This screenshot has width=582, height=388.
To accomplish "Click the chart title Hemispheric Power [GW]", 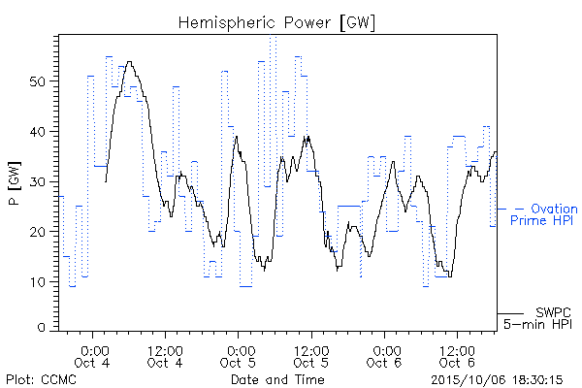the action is point(276,23).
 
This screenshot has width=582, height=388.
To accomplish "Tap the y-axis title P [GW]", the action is point(15,183).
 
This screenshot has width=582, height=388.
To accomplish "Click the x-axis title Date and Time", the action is point(277,379).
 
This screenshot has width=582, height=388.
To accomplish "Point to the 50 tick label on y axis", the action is point(38,81).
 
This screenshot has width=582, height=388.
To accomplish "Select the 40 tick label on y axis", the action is point(38,132).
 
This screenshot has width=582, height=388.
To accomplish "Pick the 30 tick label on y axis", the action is point(38,182).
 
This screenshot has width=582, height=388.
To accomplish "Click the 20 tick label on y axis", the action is point(38,232).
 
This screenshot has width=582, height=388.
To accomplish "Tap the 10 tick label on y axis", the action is point(39,282).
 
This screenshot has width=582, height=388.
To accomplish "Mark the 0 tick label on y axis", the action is point(42,328).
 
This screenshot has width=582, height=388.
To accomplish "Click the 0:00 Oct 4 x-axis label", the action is point(92,357).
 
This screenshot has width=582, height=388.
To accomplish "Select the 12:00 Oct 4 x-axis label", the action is point(165,357).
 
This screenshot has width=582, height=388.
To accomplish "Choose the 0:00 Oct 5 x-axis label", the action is point(238,357).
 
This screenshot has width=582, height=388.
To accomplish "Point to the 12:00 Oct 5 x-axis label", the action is point(311,357).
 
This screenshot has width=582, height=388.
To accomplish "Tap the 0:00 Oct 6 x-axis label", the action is point(384,357).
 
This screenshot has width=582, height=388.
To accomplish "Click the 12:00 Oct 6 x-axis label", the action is point(457,357).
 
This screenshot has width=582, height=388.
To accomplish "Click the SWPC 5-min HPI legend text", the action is point(537,318).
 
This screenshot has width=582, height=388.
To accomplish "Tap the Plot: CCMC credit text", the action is point(41,379).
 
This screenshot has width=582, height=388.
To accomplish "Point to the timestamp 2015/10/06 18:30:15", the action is point(497,380).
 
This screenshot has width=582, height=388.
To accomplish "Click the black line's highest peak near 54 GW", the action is point(129,62).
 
